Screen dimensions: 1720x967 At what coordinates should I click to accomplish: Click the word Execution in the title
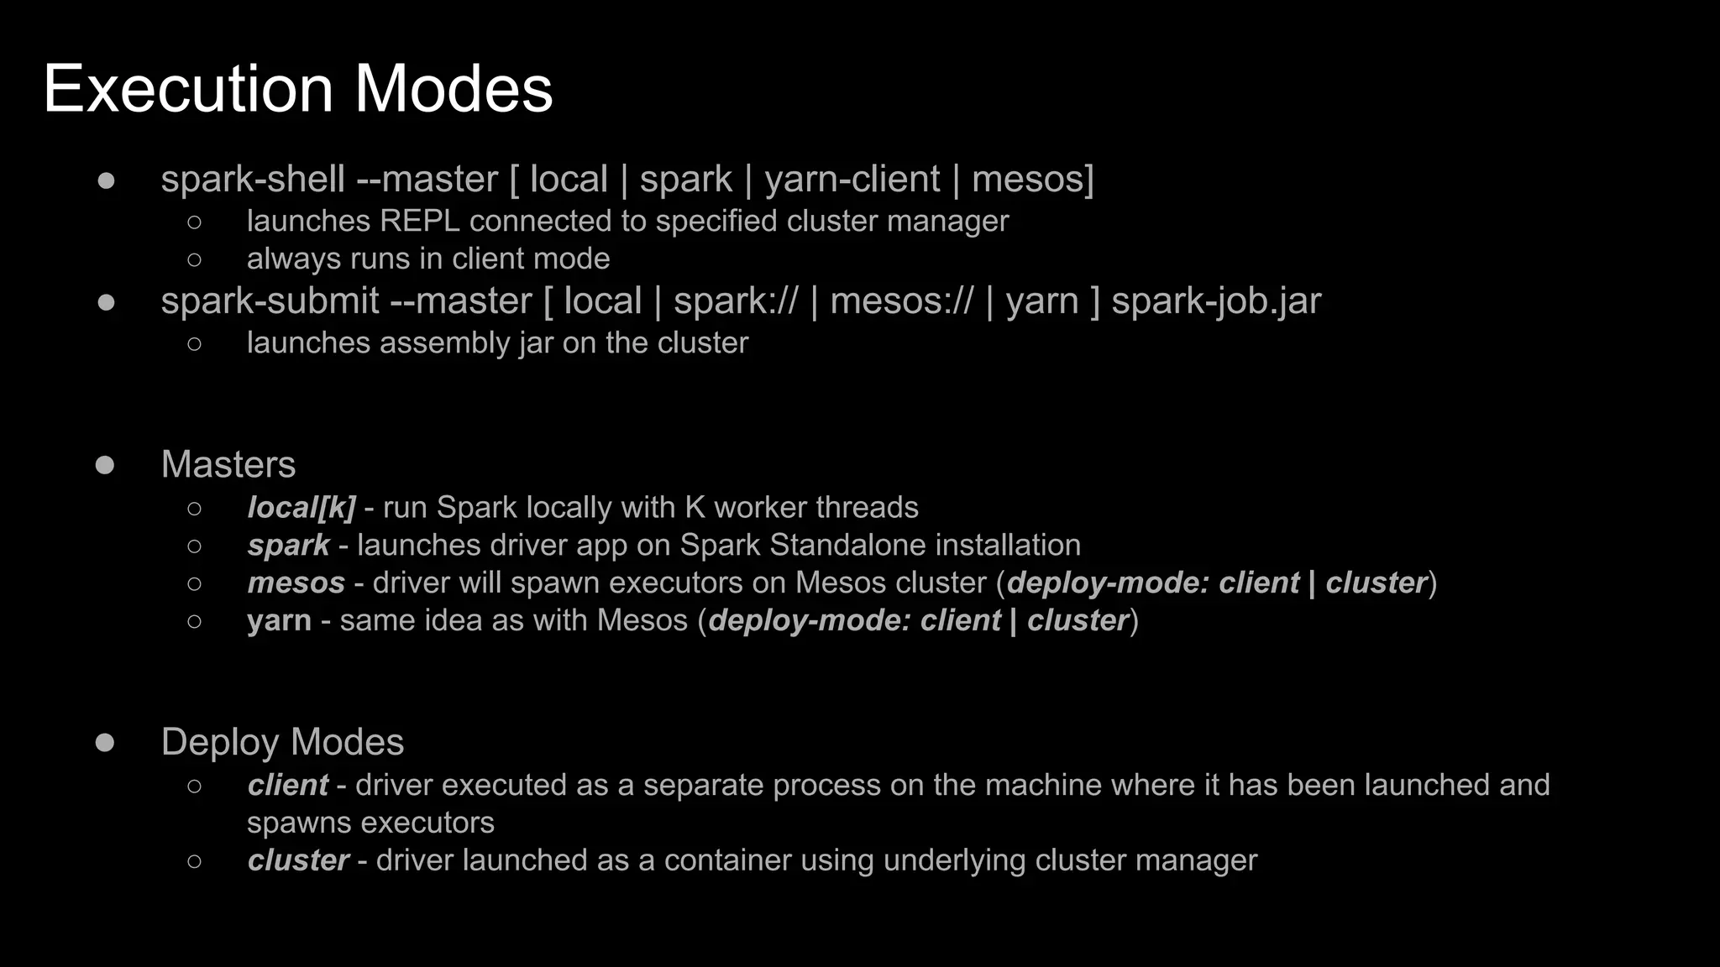[x=188, y=89]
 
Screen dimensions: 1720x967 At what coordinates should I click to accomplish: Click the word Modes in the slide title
[x=453, y=89]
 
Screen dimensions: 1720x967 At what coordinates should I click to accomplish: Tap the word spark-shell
[x=253, y=180]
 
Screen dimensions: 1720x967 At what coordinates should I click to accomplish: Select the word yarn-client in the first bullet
[x=852, y=180]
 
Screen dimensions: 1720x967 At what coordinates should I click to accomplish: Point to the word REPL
[x=419, y=222]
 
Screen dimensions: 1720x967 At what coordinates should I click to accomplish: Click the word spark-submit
[x=270, y=301]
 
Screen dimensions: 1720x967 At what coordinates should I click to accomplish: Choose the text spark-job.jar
[x=1216, y=301]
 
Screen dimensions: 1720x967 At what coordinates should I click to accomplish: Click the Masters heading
[x=228, y=465]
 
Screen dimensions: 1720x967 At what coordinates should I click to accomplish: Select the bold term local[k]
[x=301, y=508]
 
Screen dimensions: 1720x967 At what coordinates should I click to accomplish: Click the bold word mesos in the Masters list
[x=296, y=583]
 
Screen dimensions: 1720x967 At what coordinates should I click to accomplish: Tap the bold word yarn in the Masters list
[x=279, y=621]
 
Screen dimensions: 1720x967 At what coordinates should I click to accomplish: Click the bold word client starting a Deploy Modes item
[x=287, y=786]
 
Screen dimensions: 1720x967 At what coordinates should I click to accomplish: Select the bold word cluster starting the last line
[x=298, y=861]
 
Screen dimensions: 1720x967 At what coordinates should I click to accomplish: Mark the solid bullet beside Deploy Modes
[x=105, y=742]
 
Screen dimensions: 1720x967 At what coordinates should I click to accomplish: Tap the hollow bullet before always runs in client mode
[x=195, y=259]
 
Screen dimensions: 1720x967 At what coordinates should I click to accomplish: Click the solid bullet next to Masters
[x=105, y=465]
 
